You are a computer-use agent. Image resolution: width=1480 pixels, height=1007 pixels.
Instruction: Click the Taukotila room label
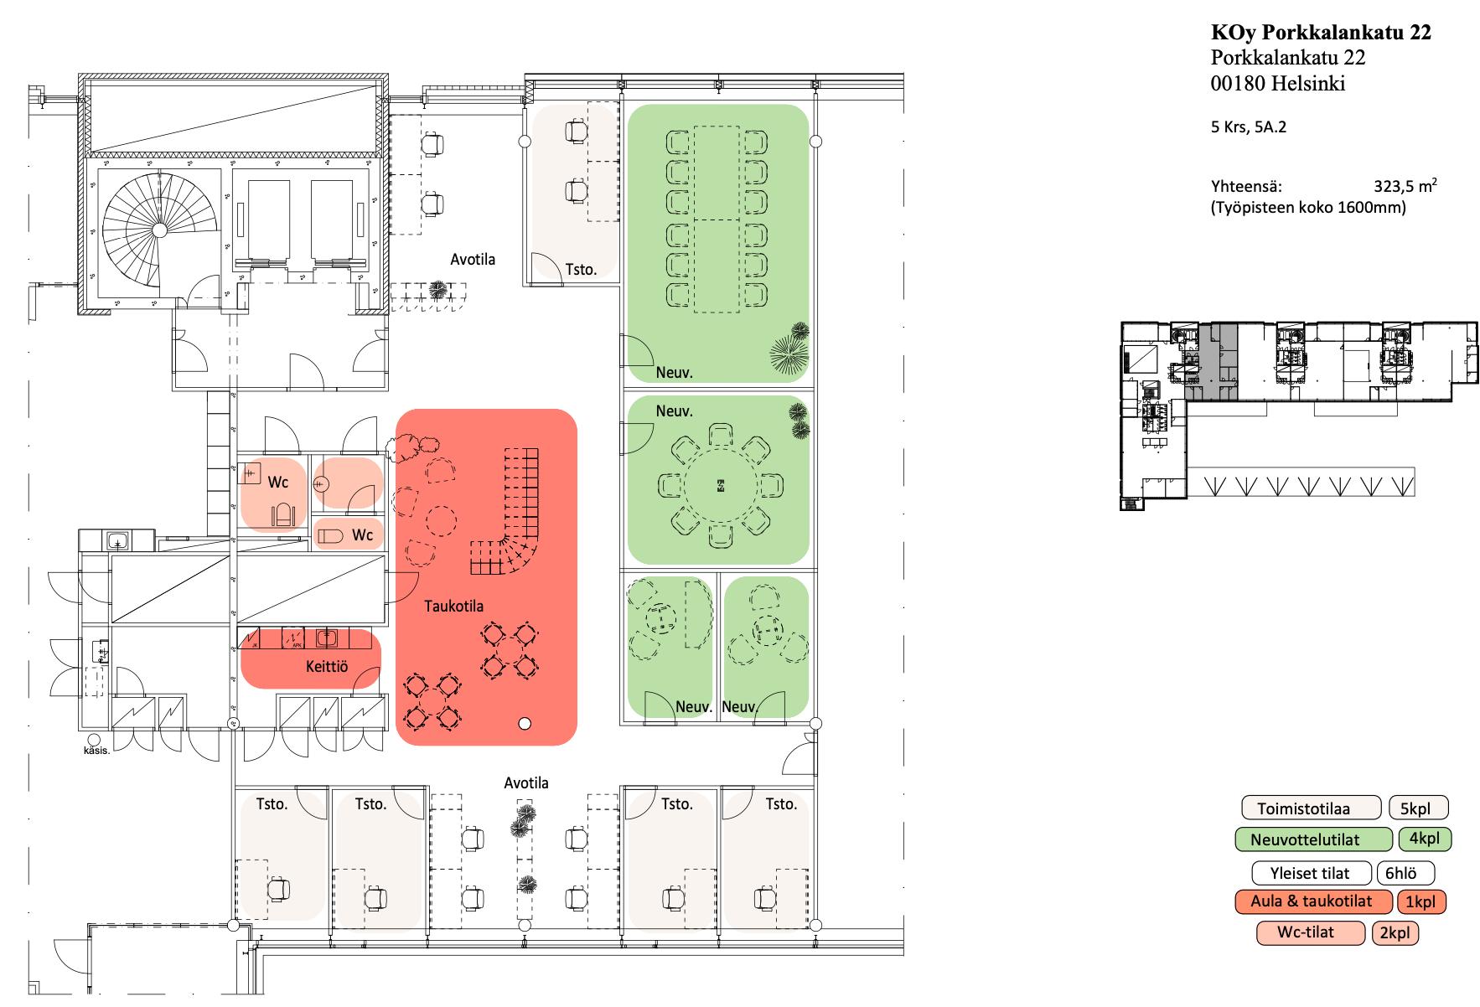click(453, 606)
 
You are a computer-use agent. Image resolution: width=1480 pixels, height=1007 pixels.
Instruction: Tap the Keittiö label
click(326, 667)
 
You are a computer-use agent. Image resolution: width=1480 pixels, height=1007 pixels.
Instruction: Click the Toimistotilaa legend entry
click(1311, 808)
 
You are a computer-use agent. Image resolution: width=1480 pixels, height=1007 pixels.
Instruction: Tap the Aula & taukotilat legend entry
click(1311, 901)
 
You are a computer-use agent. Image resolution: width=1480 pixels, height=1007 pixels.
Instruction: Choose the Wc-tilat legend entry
click(1311, 932)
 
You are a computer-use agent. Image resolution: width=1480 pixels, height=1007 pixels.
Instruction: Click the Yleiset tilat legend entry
click(1311, 873)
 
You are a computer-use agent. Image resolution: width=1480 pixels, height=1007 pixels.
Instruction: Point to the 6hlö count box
click(1405, 873)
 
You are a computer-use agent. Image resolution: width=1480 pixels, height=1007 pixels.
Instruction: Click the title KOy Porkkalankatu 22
click(1321, 33)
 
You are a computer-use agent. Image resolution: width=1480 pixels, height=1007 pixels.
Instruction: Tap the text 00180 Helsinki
click(1278, 84)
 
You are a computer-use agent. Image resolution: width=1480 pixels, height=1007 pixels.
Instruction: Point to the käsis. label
click(96, 751)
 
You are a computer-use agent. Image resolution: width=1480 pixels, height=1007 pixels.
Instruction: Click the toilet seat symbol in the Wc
click(282, 515)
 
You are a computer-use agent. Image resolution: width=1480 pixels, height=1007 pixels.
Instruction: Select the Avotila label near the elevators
click(473, 259)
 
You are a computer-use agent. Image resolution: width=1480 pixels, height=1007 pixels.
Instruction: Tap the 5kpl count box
click(1418, 808)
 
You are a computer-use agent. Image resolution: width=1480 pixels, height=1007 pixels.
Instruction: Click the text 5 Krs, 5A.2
click(1249, 128)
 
